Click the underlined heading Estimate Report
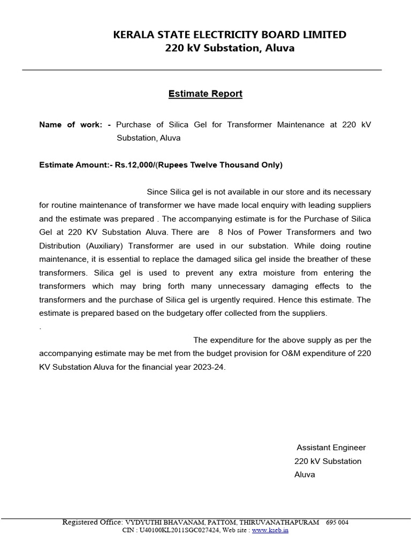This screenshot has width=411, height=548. (205, 94)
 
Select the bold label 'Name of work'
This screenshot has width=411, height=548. (70, 125)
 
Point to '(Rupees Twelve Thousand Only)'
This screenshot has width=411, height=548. (225, 165)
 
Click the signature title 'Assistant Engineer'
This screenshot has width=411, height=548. (331, 447)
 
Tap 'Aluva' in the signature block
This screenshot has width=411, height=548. (305, 475)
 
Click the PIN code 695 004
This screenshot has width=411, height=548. (337, 522)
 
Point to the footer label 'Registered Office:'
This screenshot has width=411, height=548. (93, 522)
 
